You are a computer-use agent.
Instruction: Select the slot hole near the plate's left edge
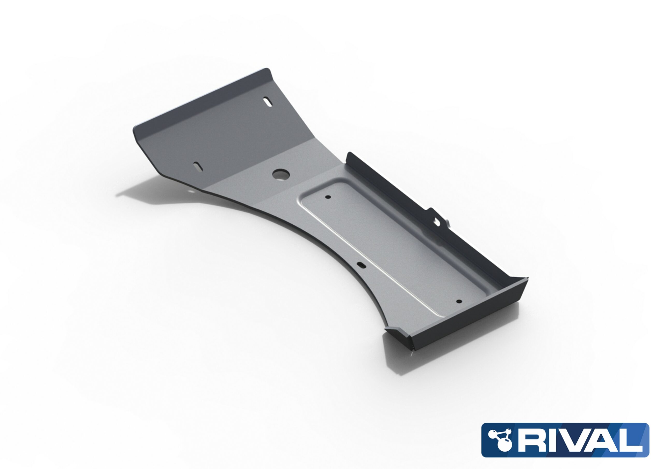198,166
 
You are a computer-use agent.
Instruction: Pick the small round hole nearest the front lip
459,301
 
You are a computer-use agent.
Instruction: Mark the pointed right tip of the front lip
527,278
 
